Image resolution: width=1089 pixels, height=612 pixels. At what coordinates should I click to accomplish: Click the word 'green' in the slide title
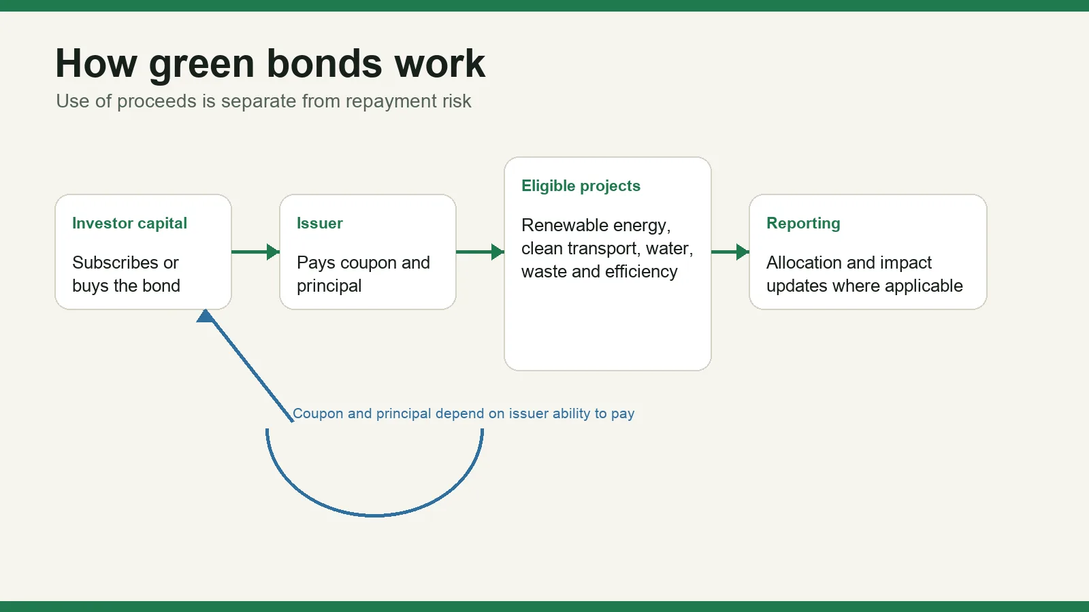tap(201, 65)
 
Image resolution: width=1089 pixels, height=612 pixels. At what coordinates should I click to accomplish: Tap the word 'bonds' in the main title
tap(324, 63)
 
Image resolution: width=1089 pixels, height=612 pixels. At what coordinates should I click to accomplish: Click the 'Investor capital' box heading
tap(129, 224)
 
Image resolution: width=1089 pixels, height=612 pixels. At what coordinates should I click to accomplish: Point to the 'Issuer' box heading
tap(319, 223)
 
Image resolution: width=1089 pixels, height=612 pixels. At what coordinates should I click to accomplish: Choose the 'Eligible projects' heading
tap(581, 186)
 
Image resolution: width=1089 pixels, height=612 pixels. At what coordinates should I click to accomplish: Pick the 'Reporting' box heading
tap(803, 224)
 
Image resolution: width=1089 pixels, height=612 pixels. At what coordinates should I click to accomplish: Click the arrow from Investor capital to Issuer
tap(255, 252)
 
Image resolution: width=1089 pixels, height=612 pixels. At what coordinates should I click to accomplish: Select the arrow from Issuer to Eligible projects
tap(480, 252)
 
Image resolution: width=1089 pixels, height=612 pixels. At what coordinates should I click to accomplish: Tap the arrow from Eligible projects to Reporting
tap(730, 252)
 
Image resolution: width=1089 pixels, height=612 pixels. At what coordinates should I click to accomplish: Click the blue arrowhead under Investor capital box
tap(205, 316)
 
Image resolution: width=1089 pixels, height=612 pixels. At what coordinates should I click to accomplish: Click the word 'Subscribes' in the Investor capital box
tap(115, 262)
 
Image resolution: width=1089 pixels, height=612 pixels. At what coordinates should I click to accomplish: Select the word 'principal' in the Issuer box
tap(329, 286)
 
